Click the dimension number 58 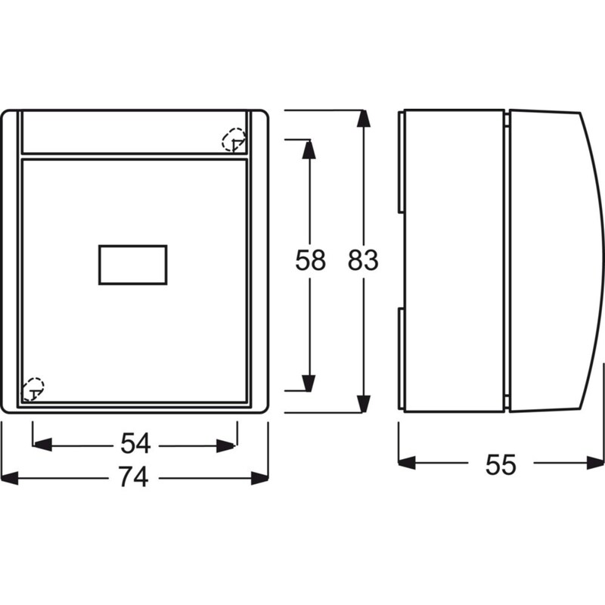tap(310, 259)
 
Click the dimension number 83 tap(363, 259)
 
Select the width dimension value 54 tap(135, 443)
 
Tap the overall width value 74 tap(134, 477)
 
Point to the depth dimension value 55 tap(501, 464)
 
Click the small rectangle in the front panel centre tap(133, 265)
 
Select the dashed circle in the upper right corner tap(234, 140)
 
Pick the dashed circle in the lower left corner tap(33, 389)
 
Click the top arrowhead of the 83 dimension tap(363, 119)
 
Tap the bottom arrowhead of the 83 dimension tap(363, 404)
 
